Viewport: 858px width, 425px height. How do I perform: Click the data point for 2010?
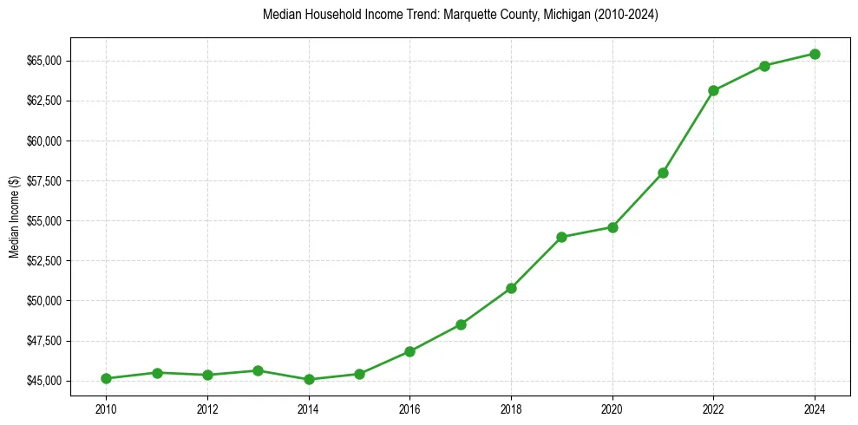coord(106,378)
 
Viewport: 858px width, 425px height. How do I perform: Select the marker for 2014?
coord(309,379)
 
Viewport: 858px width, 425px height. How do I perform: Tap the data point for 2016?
coord(409,351)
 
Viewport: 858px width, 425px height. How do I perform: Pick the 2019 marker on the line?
coord(562,237)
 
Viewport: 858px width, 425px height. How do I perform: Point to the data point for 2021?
coord(663,173)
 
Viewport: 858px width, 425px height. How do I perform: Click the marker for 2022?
coord(713,90)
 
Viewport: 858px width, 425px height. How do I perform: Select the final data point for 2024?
coord(815,54)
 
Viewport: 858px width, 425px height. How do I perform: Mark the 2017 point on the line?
coord(461,324)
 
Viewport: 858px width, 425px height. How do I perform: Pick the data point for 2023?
coord(764,66)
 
